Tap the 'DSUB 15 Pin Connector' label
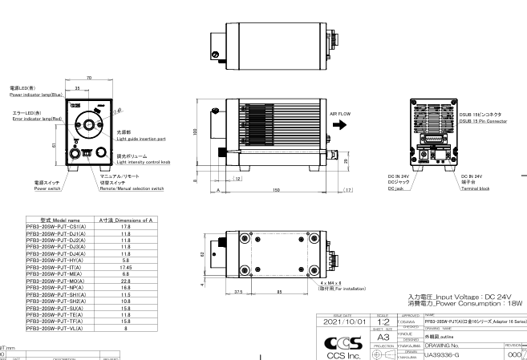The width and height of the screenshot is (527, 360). tap(481, 121)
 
